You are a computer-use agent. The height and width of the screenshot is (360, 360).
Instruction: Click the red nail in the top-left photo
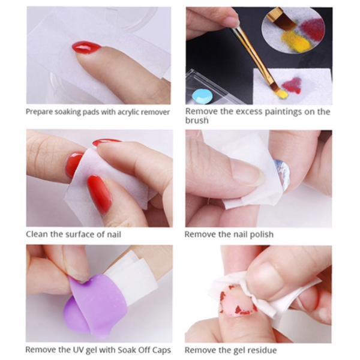(86, 47)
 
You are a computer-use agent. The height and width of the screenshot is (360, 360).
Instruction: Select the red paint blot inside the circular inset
(311, 29)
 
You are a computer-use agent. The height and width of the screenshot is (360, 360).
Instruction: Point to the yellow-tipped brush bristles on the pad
(281, 94)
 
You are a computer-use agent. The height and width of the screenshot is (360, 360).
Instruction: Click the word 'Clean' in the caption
(37, 234)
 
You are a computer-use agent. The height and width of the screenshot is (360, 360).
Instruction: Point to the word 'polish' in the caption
(261, 234)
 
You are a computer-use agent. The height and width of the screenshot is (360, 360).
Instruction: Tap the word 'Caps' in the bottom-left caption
(161, 349)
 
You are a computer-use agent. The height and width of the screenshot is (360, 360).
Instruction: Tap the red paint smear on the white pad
(292, 85)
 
